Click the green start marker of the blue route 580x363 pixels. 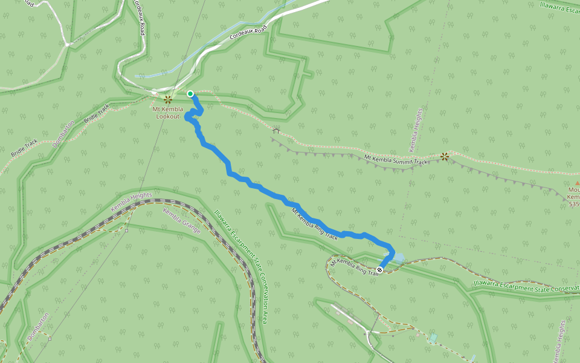pos(190,94)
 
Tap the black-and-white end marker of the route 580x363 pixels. pos(380,270)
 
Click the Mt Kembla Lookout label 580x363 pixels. pos(167,113)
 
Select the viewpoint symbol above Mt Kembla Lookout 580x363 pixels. pos(168,99)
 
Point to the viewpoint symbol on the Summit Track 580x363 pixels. pos(445,156)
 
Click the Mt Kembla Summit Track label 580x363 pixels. pos(396,160)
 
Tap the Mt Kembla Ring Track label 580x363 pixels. pos(315,224)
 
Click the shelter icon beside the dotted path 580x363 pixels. pos(276,130)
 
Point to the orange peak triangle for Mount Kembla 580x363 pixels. pos(574,189)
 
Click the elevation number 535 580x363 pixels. pos(574,204)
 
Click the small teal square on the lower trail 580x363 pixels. pos(433,337)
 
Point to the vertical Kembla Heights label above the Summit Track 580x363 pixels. pos(415,130)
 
